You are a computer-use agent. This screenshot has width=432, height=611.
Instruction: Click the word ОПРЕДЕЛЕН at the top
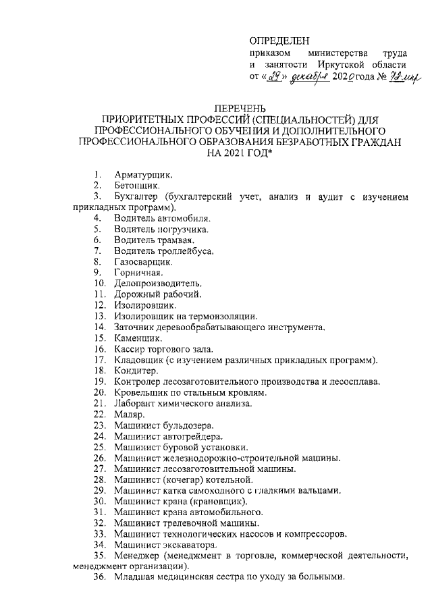(279, 40)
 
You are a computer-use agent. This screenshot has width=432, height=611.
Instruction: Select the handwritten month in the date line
(310, 76)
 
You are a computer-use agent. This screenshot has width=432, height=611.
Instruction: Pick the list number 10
(100, 284)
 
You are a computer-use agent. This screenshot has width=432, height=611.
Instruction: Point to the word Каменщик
(138, 338)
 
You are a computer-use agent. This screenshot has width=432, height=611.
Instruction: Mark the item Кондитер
(136, 371)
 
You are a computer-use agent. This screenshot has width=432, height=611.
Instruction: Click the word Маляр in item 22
(129, 414)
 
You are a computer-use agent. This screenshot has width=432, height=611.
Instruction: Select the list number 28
(100, 479)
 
